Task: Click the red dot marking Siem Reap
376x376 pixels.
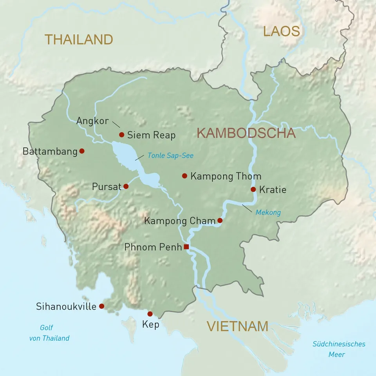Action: [121, 135]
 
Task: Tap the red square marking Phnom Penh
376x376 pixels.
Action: [186, 247]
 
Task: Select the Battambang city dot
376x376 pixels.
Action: [82, 151]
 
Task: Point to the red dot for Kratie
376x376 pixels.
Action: [253, 190]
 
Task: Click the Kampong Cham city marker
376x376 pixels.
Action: [220, 221]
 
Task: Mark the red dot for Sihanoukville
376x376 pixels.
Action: [101, 306]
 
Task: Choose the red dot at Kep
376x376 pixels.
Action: [150, 314]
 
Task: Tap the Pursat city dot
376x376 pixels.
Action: [126, 186]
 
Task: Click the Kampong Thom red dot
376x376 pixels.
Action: [184, 176]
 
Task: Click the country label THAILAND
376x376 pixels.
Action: [79, 39]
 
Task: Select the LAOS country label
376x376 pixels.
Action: [281, 31]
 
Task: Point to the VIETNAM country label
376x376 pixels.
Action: [237, 326]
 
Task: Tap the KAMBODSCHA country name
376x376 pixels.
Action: [246, 133]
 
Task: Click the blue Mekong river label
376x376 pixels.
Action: [268, 213]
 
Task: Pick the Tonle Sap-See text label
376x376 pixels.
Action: [170, 155]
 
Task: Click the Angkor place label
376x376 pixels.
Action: [92, 121]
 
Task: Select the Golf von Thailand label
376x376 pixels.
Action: [49, 333]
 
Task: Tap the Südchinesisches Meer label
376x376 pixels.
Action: [339, 349]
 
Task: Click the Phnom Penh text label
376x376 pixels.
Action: [153, 247]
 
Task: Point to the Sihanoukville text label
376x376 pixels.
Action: [66, 306]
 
